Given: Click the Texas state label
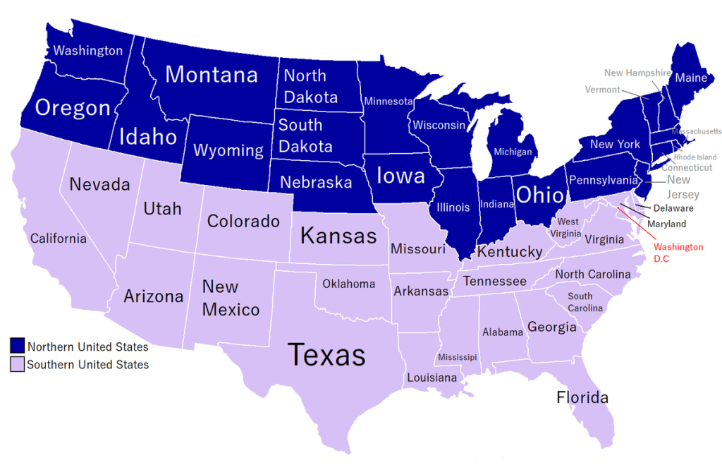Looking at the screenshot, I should click(x=329, y=354).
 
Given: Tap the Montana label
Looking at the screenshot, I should click(x=212, y=74).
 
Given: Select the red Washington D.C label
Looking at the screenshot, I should click(x=678, y=253).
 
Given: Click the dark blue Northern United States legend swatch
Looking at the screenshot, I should click(x=18, y=346).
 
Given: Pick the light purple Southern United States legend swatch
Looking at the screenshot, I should click(x=18, y=364).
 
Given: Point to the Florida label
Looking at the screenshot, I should click(x=582, y=397).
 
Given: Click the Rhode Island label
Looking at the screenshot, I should click(x=695, y=157).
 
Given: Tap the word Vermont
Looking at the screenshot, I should click(x=603, y=90).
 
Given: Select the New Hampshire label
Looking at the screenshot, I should click(x=637, y=73).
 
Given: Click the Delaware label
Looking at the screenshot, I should click(x=673, y=208).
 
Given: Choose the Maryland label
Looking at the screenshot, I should click(x=668, y=224).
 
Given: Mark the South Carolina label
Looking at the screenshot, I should click(x=585, y=302).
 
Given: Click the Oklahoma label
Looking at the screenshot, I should click(x=348, y=284).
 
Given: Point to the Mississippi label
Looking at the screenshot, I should click(x=458, y=357).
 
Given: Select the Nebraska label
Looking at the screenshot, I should click(x=316, y=183).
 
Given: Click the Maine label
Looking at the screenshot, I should click(x=691, y=78).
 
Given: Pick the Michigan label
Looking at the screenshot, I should click(x=513, y=152).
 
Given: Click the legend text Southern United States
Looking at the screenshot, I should click(x=88, y=365).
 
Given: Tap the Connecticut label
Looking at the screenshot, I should click(x=687, y=168).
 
